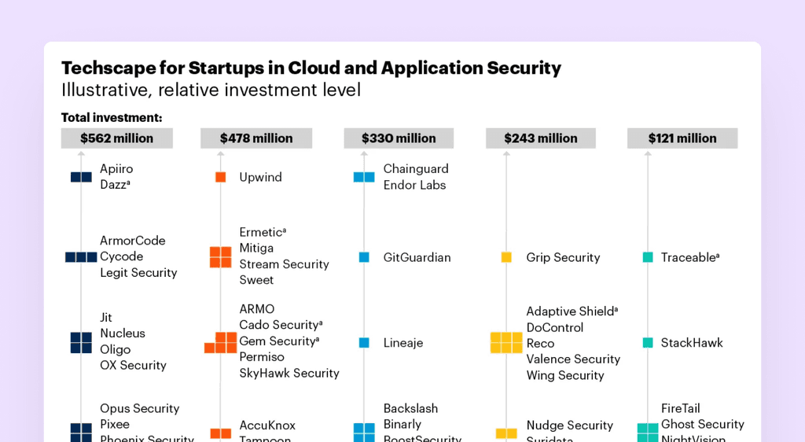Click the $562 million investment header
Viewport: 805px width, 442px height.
click(116, 138)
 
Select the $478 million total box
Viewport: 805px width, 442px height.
click(256, 138)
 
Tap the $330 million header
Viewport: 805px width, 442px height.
click(399, 138)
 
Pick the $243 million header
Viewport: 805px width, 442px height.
click(541, 138)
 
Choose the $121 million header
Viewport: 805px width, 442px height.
click(682, 138)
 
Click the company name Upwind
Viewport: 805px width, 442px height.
click(260, 178)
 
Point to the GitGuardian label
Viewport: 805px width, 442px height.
click(417, 257)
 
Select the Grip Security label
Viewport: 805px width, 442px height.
click(563, 257)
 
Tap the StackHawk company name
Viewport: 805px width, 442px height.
click(692, 343)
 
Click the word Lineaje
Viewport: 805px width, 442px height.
click(403, 343)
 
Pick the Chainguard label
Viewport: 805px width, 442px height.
click(416, 169)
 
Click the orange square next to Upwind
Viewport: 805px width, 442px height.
click(221, 178)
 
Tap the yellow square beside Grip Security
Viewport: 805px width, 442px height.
click(506, 257)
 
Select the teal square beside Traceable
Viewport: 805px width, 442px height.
click(648, 257)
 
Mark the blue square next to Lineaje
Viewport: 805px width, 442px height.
click(364, 343)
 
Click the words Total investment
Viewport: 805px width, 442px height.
click(112, 118)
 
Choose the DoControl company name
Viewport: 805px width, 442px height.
click(554, 327)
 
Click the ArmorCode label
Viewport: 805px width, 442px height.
click(132, 241)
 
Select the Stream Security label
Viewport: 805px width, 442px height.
click(284, 264)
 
